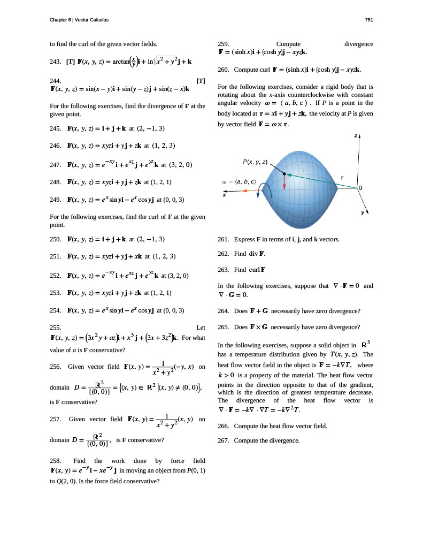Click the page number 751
click(368, 20)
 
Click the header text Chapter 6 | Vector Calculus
click(79, 20)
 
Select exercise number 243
click(54, 62)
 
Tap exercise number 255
click(54, 327)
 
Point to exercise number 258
click(54, 460)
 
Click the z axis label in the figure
click(355, 136)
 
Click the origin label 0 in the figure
click(360, 188)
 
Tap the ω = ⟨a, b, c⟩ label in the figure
click(239, 182)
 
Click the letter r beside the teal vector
click(342, 177)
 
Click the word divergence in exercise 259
click(359, 44)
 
